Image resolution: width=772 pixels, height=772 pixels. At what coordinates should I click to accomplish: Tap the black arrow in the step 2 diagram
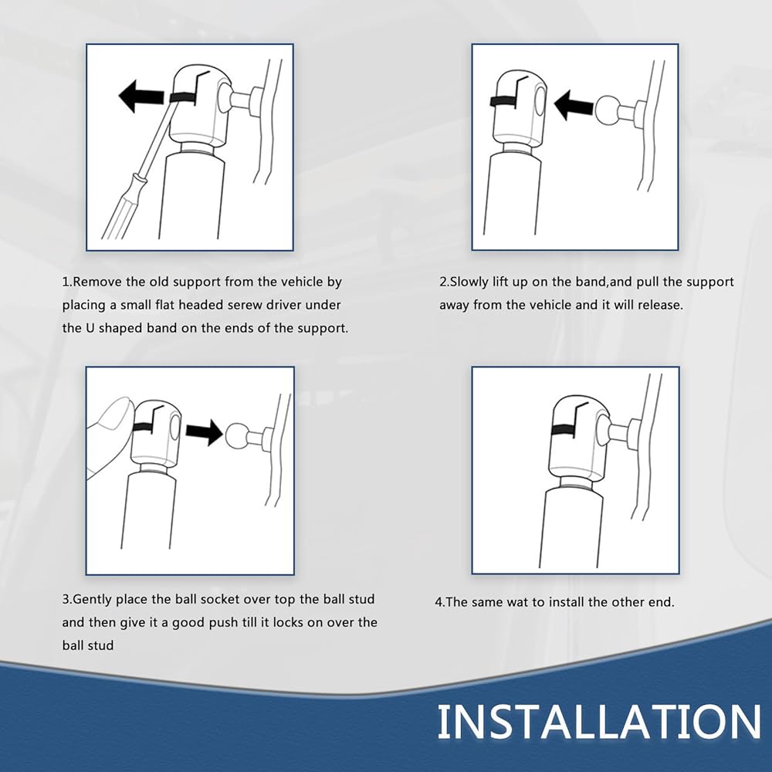click(573, 105)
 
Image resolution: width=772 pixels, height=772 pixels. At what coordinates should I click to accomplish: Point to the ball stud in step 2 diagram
click(608, 110)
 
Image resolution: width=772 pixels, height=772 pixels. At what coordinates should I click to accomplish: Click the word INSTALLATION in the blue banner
click(599, 721)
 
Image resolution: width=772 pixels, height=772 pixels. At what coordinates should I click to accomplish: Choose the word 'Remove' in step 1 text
click(97, 282)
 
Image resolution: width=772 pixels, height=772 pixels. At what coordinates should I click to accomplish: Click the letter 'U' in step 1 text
click(90, 328)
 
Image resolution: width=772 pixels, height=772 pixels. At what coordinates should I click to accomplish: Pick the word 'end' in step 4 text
click(660, 602)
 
